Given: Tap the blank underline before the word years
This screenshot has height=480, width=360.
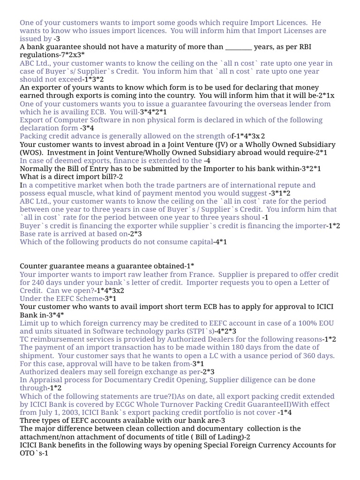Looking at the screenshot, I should point(239,47).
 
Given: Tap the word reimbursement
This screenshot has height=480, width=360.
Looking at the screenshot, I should point(58,339).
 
